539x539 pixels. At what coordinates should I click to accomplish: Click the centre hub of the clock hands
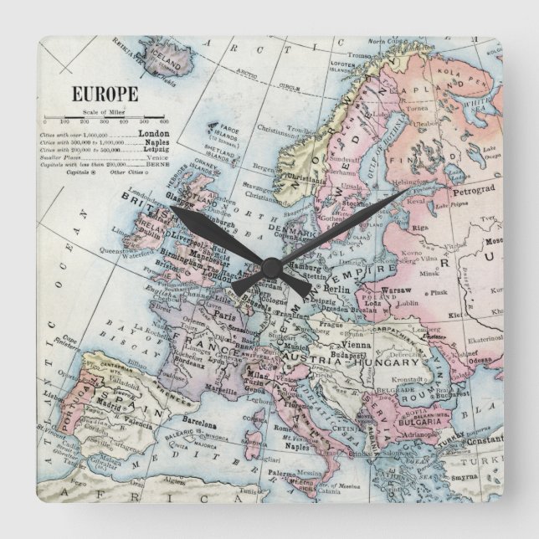click(269, 269)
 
